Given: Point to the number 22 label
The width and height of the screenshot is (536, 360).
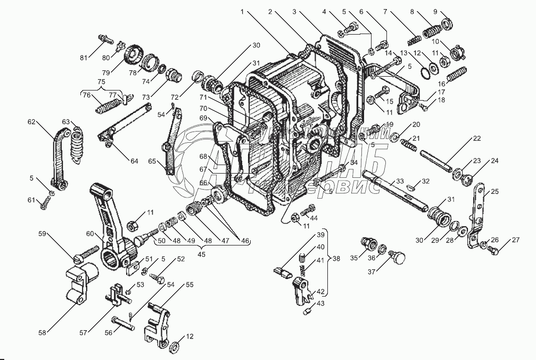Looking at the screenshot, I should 477,138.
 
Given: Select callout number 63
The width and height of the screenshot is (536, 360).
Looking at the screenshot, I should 65,121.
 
